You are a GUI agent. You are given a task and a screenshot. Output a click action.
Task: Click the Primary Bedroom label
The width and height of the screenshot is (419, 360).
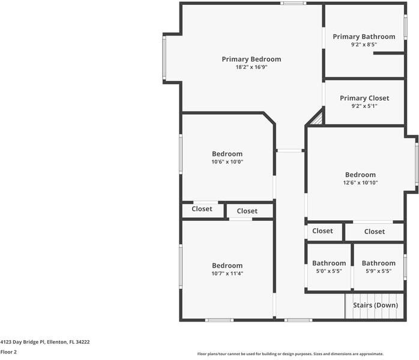click(x=251, y=59)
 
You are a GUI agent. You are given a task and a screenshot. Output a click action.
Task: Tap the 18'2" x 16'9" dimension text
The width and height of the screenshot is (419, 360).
click(x=251, y=67)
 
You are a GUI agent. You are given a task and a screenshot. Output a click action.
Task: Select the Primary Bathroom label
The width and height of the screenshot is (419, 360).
click(x=364, y=37)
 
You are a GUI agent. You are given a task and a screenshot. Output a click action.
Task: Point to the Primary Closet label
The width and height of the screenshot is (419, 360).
click(x=364, y=98)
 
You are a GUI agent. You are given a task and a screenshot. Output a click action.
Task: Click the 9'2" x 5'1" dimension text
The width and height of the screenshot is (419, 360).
click(x=364, y=106)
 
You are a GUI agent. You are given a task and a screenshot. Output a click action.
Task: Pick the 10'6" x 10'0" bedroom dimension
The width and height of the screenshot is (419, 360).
click(x=227, y=161)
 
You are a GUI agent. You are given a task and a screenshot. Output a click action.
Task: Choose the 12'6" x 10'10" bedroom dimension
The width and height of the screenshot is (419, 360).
click(x=360, y=183)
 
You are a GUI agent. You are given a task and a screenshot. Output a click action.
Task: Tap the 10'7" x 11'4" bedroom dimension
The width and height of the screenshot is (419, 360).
click(x=227, y=274)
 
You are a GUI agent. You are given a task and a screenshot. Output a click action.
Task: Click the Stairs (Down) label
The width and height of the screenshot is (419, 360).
click(x=375, y=305)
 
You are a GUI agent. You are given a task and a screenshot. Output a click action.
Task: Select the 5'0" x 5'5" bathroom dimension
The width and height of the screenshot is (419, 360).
click(x=329, y=271)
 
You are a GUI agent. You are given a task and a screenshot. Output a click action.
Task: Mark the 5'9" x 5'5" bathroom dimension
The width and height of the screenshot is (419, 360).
click(x=378, y=271)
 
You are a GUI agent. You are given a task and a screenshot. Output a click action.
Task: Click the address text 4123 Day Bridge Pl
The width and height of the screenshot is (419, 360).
click(x=45, y=342)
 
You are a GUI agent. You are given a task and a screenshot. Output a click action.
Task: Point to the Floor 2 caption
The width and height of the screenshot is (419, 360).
click(x=8, y=352)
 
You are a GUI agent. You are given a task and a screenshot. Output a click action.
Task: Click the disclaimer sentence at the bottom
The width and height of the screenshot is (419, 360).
click(x=290, y=354)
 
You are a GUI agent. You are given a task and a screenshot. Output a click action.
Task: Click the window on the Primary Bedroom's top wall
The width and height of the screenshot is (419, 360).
click(x=293, y=3)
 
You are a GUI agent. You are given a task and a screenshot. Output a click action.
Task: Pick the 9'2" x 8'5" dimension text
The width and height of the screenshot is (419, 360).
click(x=364, y=44)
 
